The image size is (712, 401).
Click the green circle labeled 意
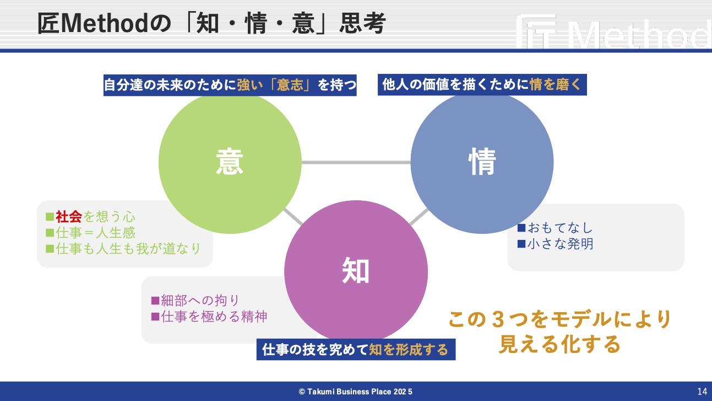click(230, 162)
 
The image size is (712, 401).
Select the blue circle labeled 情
click(482, 162)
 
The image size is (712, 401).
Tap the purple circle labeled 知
click(356, 272)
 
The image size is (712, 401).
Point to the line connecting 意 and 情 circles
click(356, 162)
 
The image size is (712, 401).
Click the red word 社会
click(69, 217)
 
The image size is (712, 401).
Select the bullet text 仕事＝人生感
click(95, 233)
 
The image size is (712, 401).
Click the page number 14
click(702, 392)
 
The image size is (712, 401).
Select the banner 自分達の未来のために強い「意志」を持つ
click(230, 85)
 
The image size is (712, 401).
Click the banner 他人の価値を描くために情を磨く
click(482, 85)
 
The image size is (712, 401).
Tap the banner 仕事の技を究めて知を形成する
click(356, 349)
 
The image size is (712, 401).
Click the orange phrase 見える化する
click(559, 344)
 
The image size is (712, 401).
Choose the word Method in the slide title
click(104, 23)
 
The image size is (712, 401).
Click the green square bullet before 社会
click(50, 217)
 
